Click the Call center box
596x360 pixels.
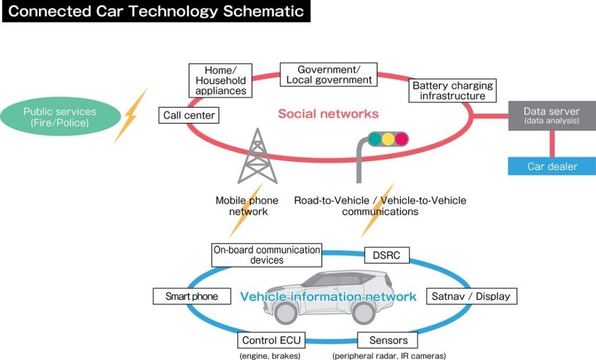coord(189,115)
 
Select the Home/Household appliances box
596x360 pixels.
coord(221,80)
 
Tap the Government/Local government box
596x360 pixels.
coord(329,74)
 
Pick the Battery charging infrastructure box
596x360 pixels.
coord(452,90)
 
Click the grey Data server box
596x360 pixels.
coord(551,115)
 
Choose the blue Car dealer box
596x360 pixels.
coord(552,166)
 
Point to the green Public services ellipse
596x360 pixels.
coord(60,117)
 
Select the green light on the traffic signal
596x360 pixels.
coord(373,139)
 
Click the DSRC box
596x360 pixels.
coord(386,255)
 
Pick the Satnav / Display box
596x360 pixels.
coord(471,296)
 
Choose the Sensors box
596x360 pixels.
coord(388,340)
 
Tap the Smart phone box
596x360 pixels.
coord(191,296)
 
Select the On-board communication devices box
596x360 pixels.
coord(267,255)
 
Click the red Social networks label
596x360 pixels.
coord(328,113)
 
